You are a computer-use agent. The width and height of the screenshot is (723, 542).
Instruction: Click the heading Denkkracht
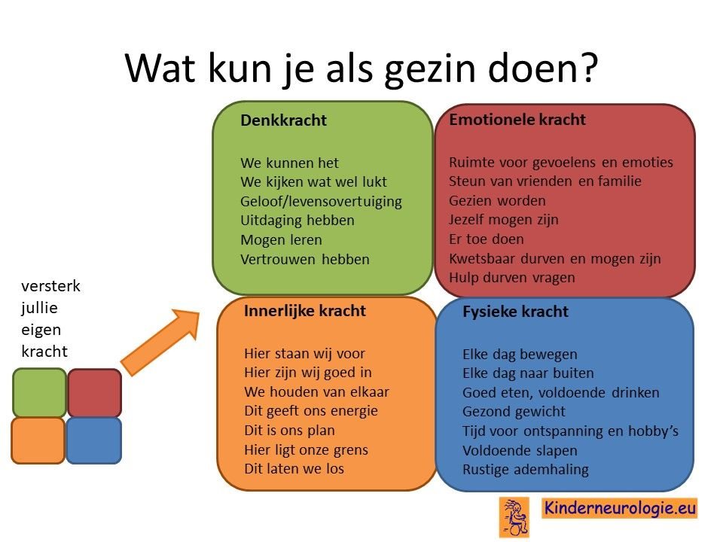tap(283, 120)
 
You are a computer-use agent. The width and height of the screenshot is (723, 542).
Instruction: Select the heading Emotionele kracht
tap(517, 120)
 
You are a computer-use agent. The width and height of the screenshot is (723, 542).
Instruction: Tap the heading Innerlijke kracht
tap(304, 311)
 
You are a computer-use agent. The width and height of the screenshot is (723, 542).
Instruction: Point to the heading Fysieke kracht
tap(515, 312)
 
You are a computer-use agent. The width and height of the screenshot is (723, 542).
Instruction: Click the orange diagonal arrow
tap(160, 342)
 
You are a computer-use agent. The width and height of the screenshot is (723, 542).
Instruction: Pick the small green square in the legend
tap(39, 393)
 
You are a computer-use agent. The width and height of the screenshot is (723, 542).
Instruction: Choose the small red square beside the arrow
tap(95, 393)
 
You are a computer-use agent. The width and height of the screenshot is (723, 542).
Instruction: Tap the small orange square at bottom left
tap(38, 440)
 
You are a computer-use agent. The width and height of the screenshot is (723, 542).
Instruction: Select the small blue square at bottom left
tap(94, 440)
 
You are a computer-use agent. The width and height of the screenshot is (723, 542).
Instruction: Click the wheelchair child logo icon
tap(514, 517)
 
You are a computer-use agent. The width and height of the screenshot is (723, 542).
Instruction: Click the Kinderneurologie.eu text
tap(620, 508)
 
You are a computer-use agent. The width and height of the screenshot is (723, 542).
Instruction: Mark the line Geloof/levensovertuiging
tap(321, 202)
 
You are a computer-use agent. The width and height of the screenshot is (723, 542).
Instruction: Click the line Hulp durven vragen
tap(512, 278)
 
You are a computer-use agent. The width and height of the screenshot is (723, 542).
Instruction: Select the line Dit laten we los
tap(294, 469)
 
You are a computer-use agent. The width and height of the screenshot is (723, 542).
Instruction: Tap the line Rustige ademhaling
tap(526, 470)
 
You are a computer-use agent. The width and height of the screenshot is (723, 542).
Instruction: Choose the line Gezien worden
tap(497, 201)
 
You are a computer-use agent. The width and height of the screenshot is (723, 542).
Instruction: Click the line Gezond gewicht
tap(514, 412)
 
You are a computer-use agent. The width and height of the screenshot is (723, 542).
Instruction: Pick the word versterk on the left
tap(50, 286)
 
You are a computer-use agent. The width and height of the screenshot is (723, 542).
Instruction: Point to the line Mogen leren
tap(281, 240)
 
